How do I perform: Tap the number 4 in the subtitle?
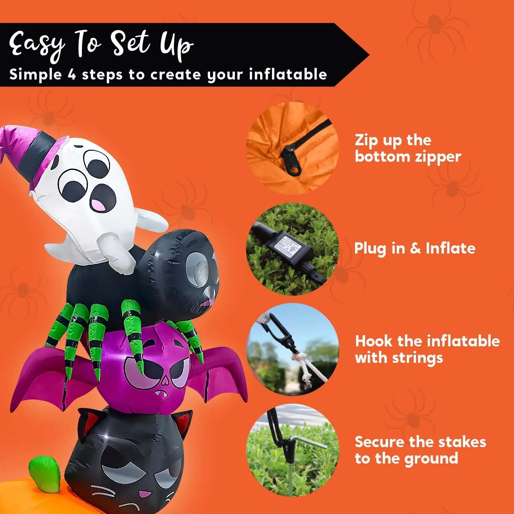[72, 74]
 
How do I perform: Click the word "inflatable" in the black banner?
[288, 74]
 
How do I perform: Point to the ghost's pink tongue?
[98, 205]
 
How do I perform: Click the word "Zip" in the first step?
[366, 140]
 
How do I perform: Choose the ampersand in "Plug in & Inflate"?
[415, 248]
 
